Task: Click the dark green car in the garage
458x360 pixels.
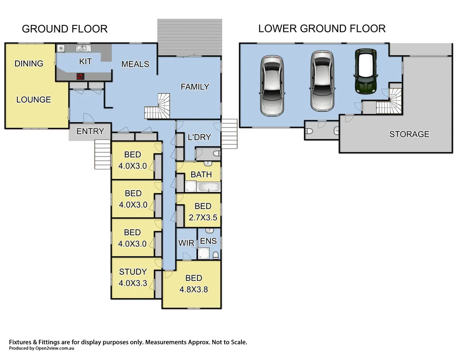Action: (366, 71)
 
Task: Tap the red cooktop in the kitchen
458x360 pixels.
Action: (80, 76)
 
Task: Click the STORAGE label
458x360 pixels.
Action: (409, 134)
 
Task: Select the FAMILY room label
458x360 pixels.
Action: (195, 87)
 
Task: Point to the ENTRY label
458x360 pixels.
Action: (90, 131)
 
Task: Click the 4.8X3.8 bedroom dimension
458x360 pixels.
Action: (194, 289)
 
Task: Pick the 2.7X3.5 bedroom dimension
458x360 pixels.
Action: (203, 217)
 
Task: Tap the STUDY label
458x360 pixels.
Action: (133, 272)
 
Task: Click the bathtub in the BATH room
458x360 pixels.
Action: (208, 187)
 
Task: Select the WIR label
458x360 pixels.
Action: (187, 243)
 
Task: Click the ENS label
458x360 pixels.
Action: (208, 241)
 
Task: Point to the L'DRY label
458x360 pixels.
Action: (199, 137)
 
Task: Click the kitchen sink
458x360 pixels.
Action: (83, 48)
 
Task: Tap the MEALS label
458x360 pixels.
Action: (135, 64)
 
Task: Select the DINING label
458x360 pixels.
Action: (29, 63)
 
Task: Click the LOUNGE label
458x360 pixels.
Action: (34, 99)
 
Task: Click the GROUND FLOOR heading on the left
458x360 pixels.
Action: (65, 29)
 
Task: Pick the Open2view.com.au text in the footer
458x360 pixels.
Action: (55, 348)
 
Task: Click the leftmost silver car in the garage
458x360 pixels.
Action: (271, 86)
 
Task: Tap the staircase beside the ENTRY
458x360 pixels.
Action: (103, 154)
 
